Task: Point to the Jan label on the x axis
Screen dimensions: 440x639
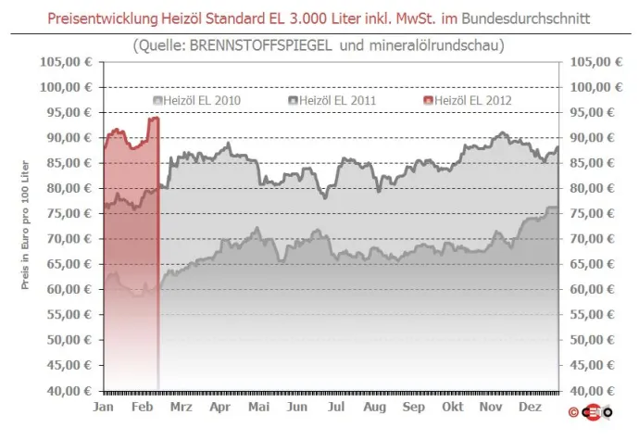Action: click(x=104, y=406)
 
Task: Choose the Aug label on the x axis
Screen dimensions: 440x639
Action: click(x=374, y=406)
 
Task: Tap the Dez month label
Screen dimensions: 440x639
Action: click(x=531, y=406)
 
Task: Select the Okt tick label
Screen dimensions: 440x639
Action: click(x=453, y=406)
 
